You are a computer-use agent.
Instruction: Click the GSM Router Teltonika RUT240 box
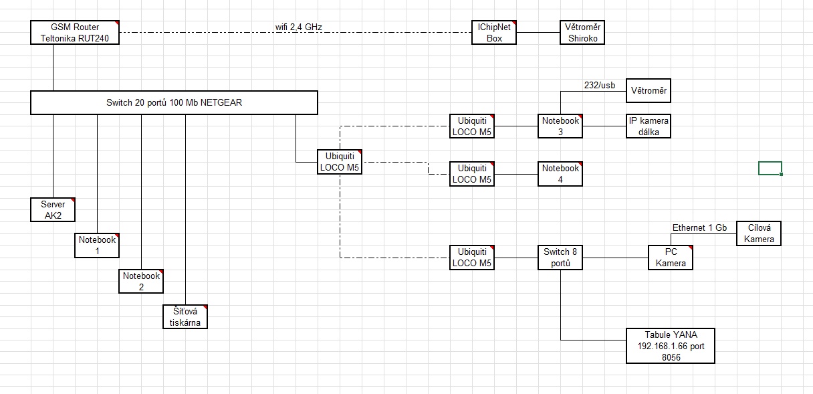pos(75,33)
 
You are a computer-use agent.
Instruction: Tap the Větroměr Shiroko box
pos(582,33)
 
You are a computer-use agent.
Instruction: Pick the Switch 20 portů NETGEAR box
pos(174,103)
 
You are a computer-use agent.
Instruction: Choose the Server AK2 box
pos(53,209)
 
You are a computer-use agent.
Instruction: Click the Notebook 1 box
pos(97,245)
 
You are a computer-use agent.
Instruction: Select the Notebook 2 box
pos(141,281)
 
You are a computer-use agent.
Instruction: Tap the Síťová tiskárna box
pos(185,316)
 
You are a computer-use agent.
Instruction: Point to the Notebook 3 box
pos(560,126)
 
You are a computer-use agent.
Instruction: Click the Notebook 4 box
pos(560,173)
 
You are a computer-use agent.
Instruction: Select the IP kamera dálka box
pos(649,126)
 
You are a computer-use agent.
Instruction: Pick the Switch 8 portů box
pos(560,258)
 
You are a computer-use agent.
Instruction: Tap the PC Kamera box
pos(671,258)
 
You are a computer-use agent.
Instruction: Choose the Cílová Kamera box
pos(759,233)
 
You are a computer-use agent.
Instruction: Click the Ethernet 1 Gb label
pos(699,227)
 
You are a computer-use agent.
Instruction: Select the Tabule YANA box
pos(671,345)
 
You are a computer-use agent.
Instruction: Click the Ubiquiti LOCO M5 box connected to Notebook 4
pos(472,173)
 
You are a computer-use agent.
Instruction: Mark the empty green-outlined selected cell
pos(770,168)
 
